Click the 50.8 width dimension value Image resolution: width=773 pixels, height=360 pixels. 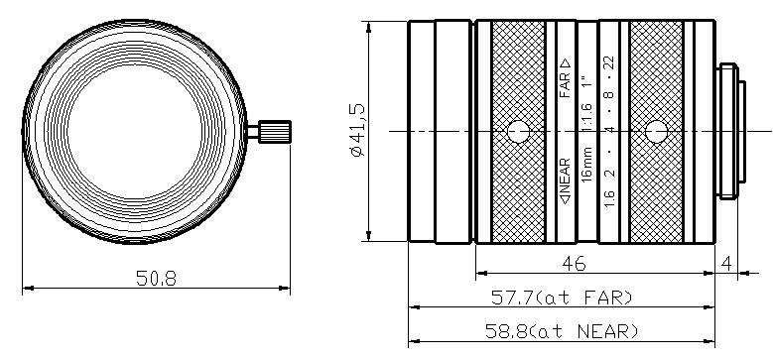(x=156, y=279)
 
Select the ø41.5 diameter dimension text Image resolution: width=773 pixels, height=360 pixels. (x=358, y=130)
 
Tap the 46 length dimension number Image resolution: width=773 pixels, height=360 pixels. (x=575, y=264)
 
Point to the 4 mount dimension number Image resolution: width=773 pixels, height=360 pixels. (x=726, y=264)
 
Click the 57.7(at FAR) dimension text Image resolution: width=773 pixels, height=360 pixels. (x=562, y=298)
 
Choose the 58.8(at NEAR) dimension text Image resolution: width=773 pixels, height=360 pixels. (x=562, y=331)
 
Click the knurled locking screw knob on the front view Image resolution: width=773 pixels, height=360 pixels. (x=275, y=132)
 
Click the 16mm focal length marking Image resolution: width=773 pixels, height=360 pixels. (x=587, y=165)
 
